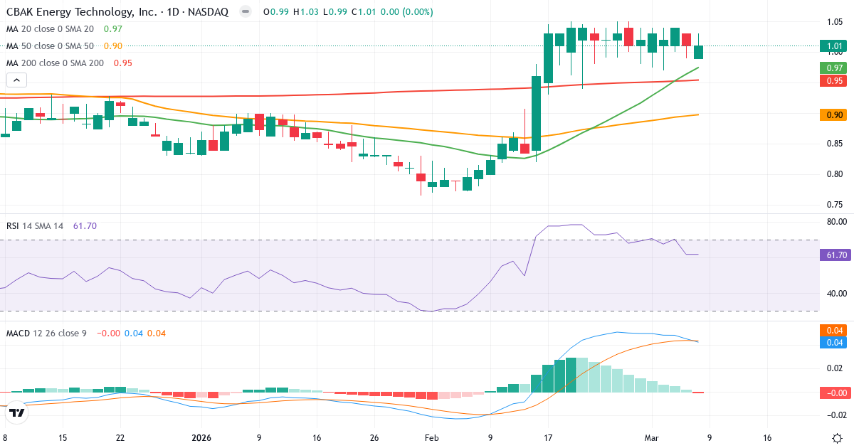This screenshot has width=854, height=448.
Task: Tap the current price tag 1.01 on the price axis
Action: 835,46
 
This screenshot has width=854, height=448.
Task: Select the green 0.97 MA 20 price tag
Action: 835,68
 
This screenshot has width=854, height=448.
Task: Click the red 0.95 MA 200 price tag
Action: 835,80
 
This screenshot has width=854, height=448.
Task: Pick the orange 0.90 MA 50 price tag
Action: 835,114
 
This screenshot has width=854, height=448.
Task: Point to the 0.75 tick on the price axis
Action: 835,205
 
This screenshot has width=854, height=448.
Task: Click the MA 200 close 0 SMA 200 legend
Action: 56,63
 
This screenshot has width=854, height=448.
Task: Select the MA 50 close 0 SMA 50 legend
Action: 51,46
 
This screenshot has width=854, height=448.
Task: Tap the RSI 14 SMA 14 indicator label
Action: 35,225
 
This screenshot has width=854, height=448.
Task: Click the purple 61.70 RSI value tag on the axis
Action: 835,255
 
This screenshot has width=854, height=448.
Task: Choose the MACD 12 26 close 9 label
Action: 46,333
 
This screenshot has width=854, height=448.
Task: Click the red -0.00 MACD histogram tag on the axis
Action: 835,393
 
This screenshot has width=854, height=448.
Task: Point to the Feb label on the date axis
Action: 432,438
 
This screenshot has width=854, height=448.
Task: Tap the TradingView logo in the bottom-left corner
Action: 17,412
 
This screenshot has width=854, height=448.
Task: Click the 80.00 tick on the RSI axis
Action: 835,222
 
